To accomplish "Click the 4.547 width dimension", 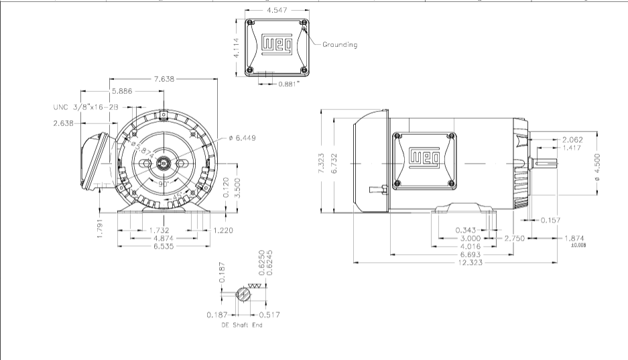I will tap(277, 11).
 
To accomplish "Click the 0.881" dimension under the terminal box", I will tap(289, 84).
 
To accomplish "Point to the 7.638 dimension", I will tap(164, 79).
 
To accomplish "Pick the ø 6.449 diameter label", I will tap(242, 137).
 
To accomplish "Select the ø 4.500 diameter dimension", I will tap(598, 166).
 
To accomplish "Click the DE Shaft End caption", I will tap(242, 325).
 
